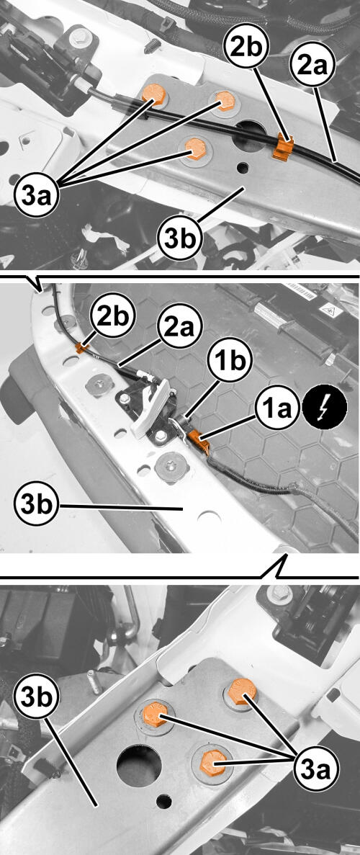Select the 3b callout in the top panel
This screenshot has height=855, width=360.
pos(180,238)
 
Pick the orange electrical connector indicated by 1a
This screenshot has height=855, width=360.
pos(199,441)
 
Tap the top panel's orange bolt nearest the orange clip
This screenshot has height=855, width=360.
pos(225,102)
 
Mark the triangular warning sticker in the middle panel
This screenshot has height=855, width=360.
pos(330,312)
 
